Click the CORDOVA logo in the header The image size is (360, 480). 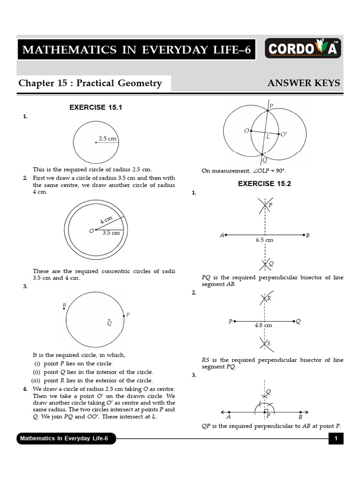coord(303,49)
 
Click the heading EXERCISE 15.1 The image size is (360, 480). coord(96,107)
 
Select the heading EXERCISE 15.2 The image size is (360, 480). coord(264,184)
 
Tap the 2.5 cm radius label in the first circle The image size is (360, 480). coord(107,138)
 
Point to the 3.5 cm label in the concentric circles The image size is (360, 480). coord(111,233)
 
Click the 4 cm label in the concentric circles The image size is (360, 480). coord(105,220)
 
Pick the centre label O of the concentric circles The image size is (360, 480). coord(91,231)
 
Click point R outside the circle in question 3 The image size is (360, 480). coord(64,306)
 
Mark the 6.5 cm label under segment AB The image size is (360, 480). coord(264,240)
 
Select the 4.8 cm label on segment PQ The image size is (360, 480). coord(263,325)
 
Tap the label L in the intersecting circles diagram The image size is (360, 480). coord(268,137)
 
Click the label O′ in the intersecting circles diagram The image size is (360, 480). coord(284,135)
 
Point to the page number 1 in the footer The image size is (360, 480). coord(336,439)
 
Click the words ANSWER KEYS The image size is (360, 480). coord(304,83)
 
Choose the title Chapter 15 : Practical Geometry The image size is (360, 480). coord(90,83)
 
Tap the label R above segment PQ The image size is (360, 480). coord(269,298)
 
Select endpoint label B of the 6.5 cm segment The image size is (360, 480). coord(307,235)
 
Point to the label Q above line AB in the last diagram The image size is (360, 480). coord(269,391)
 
